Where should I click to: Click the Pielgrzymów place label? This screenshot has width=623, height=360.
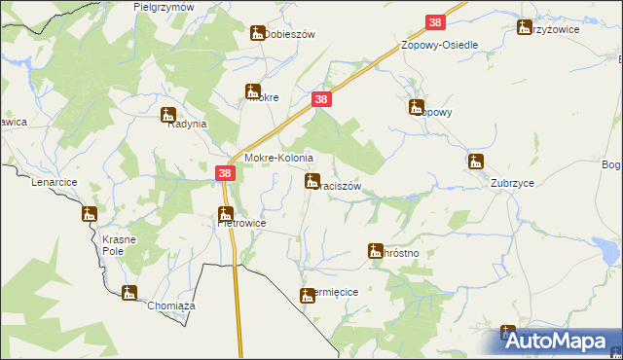point(164,7)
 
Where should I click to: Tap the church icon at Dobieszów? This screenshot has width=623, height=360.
point(258,33)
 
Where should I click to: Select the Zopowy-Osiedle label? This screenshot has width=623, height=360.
point(440,46)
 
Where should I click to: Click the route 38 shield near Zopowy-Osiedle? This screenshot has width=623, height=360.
point(435,23)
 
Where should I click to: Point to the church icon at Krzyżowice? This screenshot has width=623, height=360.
point(526,28)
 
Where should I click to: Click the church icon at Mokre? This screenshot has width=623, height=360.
point(253,93)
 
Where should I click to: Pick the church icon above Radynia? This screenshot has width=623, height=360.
point(167,113)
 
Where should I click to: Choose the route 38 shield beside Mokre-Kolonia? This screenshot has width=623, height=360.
point(226,173)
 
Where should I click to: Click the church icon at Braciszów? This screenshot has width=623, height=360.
point(311,180)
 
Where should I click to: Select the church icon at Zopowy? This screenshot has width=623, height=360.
point(417,107)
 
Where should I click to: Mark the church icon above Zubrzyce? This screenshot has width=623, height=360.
point(475,162)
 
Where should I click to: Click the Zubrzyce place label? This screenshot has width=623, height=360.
point(488,183)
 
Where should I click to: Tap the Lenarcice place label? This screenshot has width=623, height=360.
point(54,182)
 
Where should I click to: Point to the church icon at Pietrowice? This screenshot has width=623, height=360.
point(225,213)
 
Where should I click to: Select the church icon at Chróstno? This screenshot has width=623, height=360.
point(375,250)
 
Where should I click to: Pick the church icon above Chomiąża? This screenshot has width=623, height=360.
point(128,292)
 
